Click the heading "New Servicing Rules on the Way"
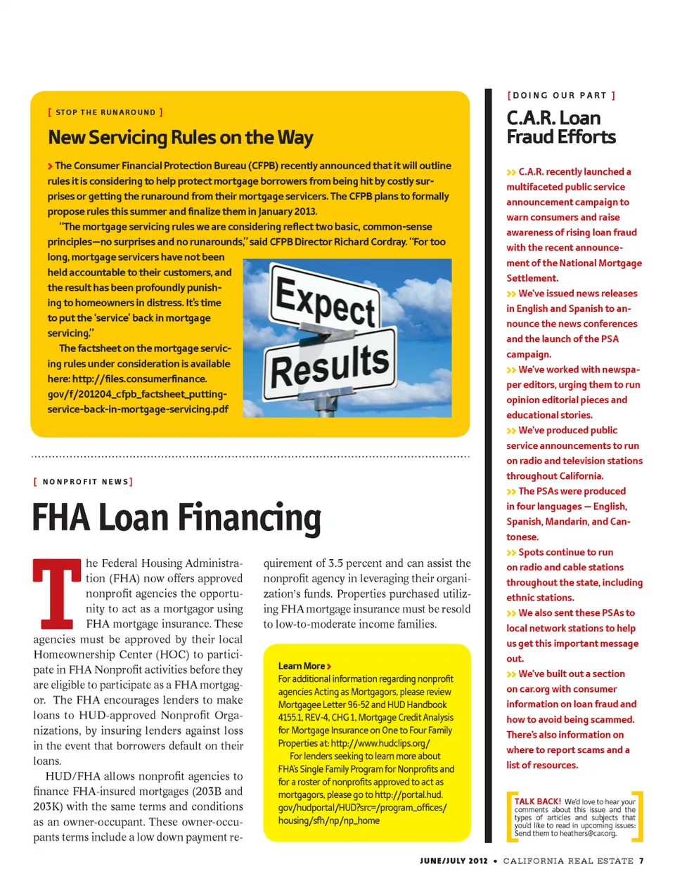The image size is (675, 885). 180,138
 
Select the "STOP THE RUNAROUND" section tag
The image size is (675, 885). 105,112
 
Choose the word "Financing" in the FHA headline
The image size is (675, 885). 249,518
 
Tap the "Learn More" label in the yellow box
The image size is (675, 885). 302,666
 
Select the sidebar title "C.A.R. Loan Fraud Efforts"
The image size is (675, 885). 560,127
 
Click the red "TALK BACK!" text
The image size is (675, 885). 537,801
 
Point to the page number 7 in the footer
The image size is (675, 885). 641,860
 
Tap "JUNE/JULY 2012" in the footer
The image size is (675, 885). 454,860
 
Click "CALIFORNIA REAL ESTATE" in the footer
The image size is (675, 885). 568,860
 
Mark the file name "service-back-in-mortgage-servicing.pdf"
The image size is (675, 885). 138,409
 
